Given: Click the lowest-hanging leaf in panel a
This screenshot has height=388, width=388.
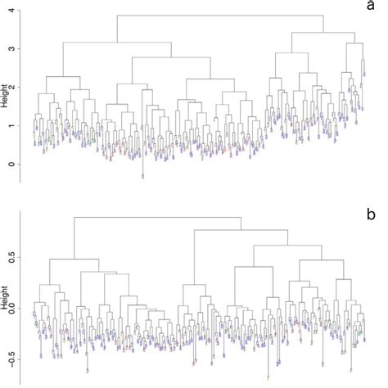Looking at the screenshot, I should tap(142, 175).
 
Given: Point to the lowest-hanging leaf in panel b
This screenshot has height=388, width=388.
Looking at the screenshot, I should tap(268, 377).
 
